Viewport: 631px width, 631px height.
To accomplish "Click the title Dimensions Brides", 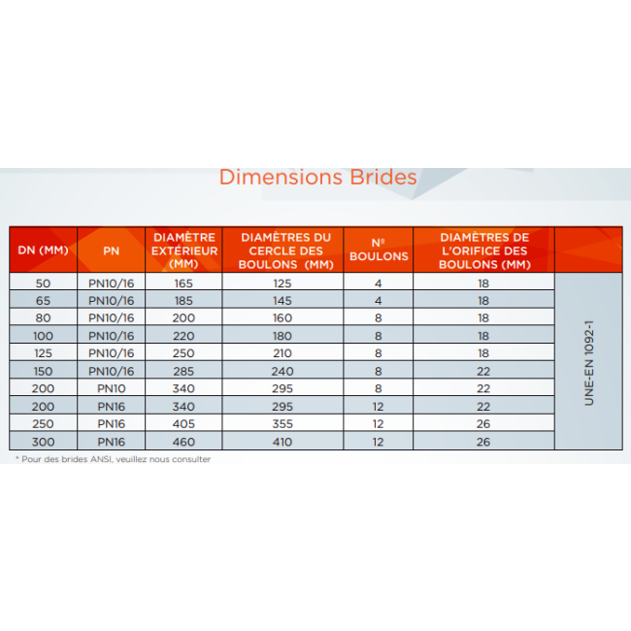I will [x=317, y=178].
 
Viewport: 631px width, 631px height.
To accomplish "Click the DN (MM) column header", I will [x=43, y=250].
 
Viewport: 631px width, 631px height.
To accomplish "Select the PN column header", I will [x=112, y=250].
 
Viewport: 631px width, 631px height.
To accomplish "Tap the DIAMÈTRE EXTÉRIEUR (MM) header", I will [x=183, y=250].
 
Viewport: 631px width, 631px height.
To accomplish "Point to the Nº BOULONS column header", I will [x=378, y=250].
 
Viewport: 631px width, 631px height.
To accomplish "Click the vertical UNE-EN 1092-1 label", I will [x=587, y=361].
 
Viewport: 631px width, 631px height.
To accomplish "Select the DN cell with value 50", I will [x=43, y=282].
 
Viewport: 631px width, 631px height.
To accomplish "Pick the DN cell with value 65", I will [x=43, y=300].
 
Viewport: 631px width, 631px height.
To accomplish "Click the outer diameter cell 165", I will [x=183, y=282].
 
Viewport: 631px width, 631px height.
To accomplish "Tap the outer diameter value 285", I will [x=183, y=371].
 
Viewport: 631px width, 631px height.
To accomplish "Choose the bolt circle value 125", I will [x=282, y=282].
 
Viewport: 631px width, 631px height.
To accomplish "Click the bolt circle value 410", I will [x=282, y=442].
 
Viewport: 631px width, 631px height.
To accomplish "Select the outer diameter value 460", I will [x=183, y=442].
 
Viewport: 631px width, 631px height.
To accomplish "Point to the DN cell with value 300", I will [x=43, y=442].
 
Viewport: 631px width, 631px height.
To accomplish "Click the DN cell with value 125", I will [x=43, y=353].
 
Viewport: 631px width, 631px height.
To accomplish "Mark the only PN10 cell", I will [x=112, y=388].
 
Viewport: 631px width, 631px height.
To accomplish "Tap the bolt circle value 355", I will [x=282, y=424].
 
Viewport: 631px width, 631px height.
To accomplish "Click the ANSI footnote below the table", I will [x=113, y=459].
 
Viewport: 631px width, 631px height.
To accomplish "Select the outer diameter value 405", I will [x=183, y=424].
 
